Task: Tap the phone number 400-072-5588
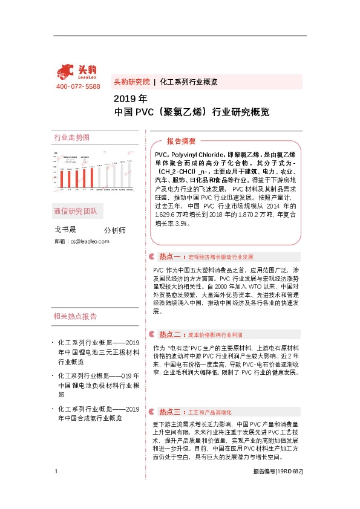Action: [78, 87]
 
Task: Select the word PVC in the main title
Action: [147, 112]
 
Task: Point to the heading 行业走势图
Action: [71, 138]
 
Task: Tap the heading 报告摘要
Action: [181, 141]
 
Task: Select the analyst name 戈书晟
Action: [65, 229]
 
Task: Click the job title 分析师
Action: [114, 230]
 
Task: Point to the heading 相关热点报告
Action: [75, 316]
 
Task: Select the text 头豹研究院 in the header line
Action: [131, 82]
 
